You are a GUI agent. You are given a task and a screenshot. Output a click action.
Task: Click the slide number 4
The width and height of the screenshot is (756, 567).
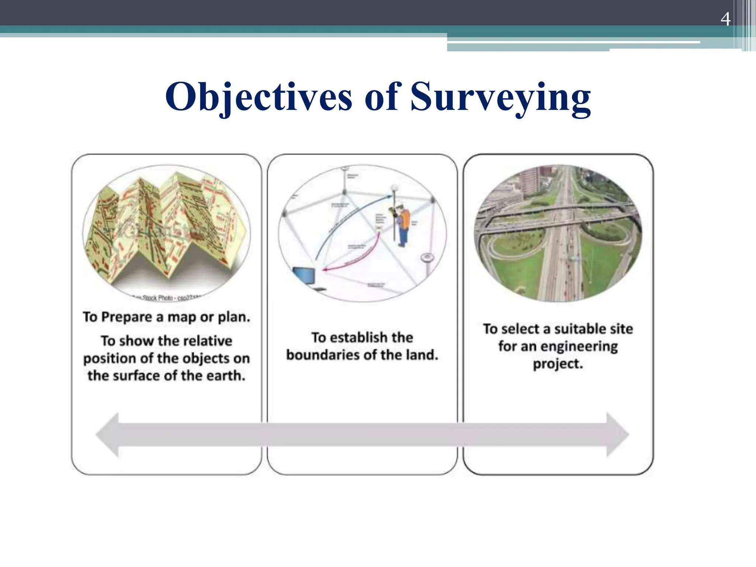coord(725,19)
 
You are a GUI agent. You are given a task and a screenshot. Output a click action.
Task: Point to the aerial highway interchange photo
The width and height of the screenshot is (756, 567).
coord(558,233)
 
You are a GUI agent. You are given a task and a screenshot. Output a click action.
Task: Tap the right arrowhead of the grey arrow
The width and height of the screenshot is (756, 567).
coord(617,434)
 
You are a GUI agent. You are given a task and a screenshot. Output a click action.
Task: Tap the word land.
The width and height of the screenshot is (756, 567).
coord(422,355)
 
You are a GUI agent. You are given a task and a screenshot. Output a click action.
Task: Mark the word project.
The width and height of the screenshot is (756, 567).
coord(558,364)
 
